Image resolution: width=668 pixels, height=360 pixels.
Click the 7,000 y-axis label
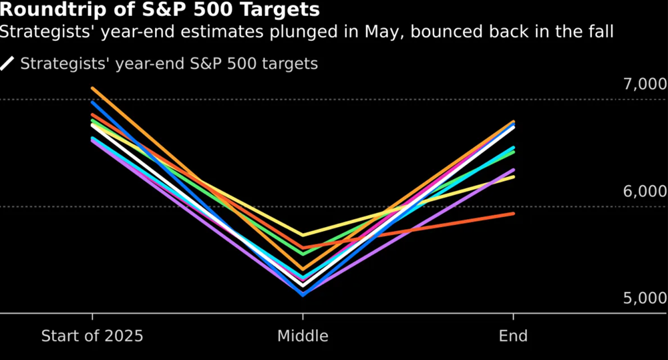pyautogui.click(x=645, y=85)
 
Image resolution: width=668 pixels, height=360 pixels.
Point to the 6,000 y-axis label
pyautogui.click(x=645, y=192)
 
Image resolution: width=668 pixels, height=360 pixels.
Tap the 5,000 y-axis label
pyautogui.click(x=645, y=298)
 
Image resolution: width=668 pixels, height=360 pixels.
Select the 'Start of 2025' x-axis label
pyautogui.click(x=92, y=335)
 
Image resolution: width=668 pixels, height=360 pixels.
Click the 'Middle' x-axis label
pyautogui.click(x=303, y=335)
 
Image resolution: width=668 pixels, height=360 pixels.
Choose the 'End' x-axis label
pyautogui.click(x=513, y=335)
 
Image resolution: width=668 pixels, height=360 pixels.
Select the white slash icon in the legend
pyautogui.click(x=7, y=64)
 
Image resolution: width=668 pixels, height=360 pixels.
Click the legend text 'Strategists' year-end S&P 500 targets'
pyautogui.click(x=169, y=64)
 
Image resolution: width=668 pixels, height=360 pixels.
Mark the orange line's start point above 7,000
pyautogui.click(x=92, y=88)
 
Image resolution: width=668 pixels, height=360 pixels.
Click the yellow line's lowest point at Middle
pyautogui.click(x=303, y=235)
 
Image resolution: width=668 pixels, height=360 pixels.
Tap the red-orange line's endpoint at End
pyautogui.click(x=513, y=214)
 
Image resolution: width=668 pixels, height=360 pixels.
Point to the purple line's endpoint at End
pyautogui.click(x=513, y=170)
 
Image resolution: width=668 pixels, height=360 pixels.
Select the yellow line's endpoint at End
pyautogui.click(x=513, y=177)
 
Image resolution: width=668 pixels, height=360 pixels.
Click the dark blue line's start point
pyautogui.click(x=92, y=102)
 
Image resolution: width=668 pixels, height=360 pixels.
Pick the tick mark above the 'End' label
pyautogui.click(x=513, y=317)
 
